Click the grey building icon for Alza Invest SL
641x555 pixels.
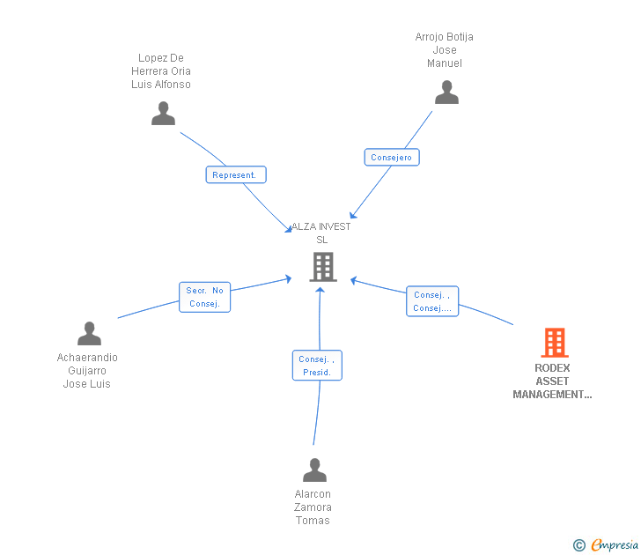(323, 267)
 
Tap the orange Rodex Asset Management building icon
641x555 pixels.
(555, 343)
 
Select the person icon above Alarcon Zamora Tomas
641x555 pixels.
(314, 470)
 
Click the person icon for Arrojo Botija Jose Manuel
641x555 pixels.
(446, 92)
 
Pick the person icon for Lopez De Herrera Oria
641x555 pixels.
(163, 114)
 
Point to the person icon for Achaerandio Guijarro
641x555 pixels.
(89, 334)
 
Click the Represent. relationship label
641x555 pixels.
(235, 174)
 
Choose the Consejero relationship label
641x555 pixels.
(392, 157)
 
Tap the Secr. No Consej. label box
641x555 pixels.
(205, 297)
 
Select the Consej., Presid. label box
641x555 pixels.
(317, 366)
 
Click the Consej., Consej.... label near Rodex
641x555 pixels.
(432, 301)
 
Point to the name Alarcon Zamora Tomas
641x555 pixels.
(313, 507)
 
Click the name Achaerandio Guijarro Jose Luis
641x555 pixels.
(87, 371)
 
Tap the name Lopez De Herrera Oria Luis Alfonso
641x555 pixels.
(161, 71)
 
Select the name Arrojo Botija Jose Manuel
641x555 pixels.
(445, 50)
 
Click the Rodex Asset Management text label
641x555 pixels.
(552, 381)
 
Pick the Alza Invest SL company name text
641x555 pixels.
(321, 233)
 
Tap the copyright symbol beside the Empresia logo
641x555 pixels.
(579, 545)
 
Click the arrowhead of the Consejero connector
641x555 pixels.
(351, 216)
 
